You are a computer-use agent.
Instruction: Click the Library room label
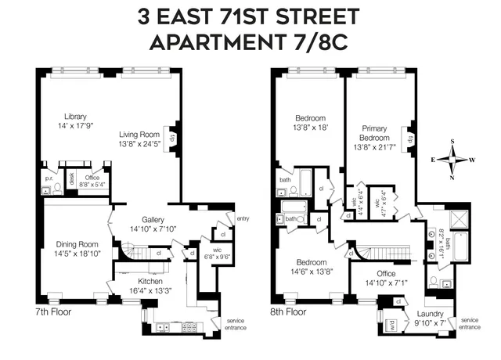(x=75, y=117)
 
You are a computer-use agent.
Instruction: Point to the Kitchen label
(x=150, y=280)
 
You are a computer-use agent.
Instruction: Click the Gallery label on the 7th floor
(x=152, y=219)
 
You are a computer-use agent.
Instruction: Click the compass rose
(x=452, y=160)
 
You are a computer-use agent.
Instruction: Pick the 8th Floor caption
(x=288, y=311)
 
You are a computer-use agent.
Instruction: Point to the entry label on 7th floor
(x=243, y=218)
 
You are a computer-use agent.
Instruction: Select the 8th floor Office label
(x=385, y=273)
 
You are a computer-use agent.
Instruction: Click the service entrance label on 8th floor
(x=470, y=323)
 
